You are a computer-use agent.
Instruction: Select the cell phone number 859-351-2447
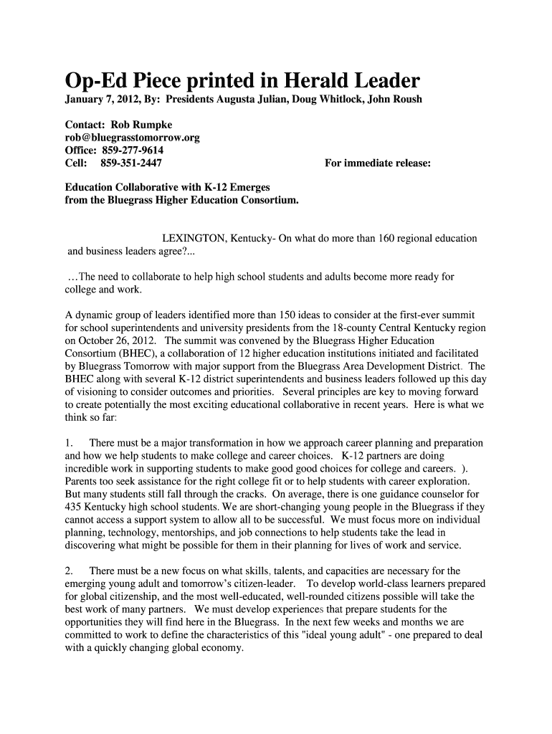coord(131,163)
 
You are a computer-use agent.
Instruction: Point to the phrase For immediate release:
coord(378,163)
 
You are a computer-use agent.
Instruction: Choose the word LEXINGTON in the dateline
coord(193,238)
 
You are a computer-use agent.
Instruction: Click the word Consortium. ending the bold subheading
coord(270,200)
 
